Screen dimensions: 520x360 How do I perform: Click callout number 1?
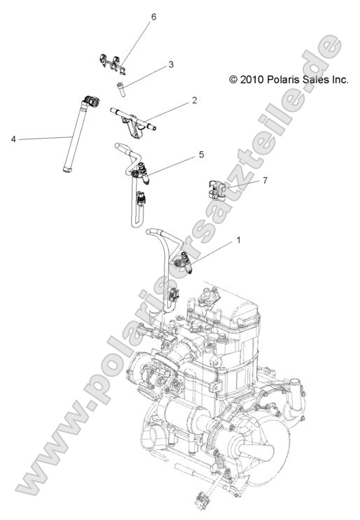tap(239, 240)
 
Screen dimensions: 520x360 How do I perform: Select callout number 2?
tap(195, 101)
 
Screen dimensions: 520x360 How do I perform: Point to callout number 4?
tap(13, 139)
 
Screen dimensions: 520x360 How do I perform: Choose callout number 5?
tap(201, 153)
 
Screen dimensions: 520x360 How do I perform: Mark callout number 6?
tap(153, 16)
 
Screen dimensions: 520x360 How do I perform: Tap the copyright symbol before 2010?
tap(234, 80)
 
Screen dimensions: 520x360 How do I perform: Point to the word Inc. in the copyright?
tap(338, 80)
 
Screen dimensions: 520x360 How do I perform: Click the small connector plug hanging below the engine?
tap(202, 498)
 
